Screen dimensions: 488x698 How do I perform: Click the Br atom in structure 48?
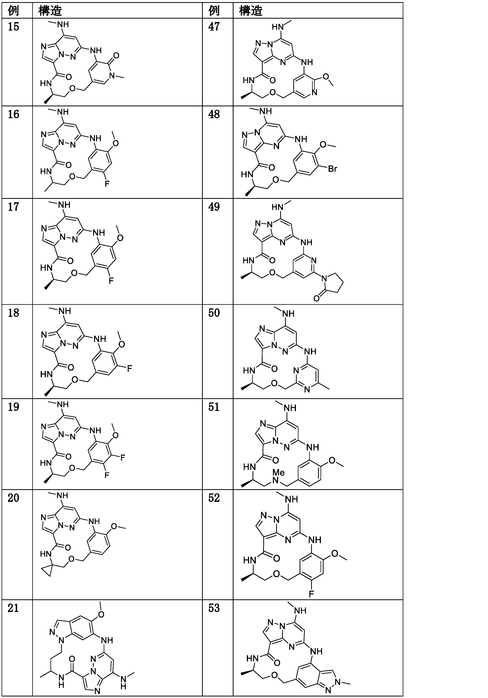(332, 169)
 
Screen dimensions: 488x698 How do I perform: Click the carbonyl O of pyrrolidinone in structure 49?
(316, 299)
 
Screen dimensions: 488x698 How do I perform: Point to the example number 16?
(13, 115)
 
